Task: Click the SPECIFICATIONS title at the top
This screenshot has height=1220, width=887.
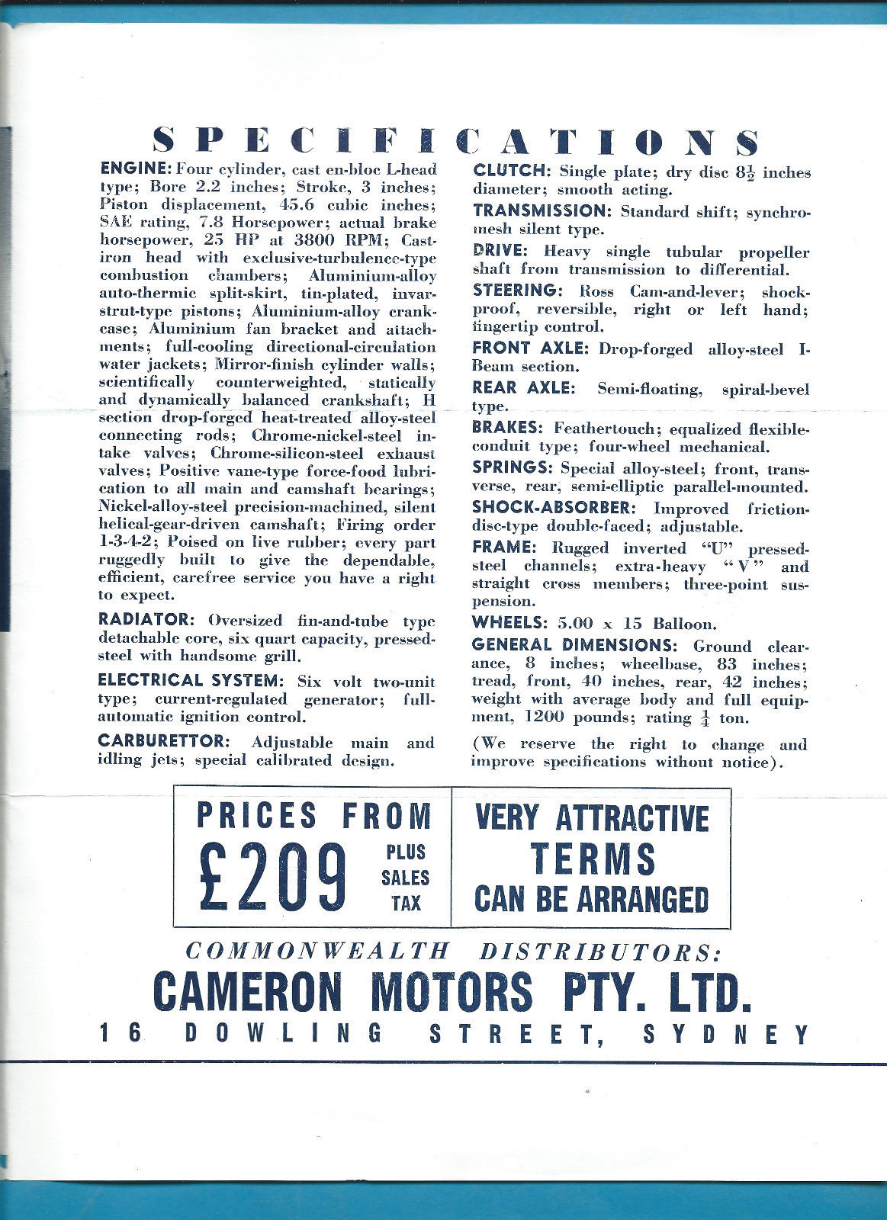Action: (x=456, y=143)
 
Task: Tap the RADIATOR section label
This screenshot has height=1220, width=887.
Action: (x=148, y=619)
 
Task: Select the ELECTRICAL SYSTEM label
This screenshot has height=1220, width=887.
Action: (x=191, y=680)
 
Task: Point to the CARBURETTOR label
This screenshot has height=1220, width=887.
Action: (x=163, y=741)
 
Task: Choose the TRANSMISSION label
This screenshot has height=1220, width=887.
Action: (x=543, y=210)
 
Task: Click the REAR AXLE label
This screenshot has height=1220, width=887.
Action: (x=522, y=388)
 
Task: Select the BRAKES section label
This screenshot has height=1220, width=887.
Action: (x=507, y=428)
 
